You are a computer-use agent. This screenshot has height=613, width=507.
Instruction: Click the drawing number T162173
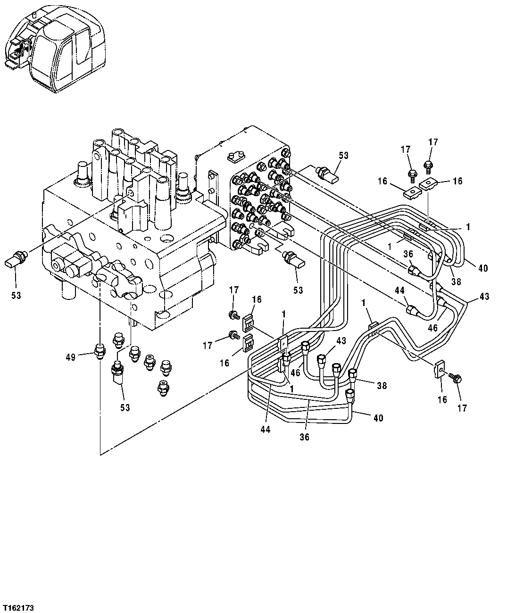coord(18,605)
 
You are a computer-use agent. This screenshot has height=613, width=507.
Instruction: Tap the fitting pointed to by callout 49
coord(100,351)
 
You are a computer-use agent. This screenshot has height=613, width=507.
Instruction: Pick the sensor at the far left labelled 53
coord(18,259)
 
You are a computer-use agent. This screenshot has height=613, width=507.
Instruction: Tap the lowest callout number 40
coord(379,417)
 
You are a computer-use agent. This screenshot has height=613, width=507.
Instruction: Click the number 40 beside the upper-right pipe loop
coord(482,268)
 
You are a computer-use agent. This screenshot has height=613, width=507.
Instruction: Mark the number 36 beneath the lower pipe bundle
coord(304,437)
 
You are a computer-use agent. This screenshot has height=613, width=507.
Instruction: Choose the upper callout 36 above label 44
coord(408,253)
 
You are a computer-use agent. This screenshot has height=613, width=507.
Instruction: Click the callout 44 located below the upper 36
coord(400,291)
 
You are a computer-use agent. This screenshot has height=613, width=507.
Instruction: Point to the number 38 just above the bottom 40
coord(382,386)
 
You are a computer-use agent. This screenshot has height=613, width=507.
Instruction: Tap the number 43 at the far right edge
coord(484,297)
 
